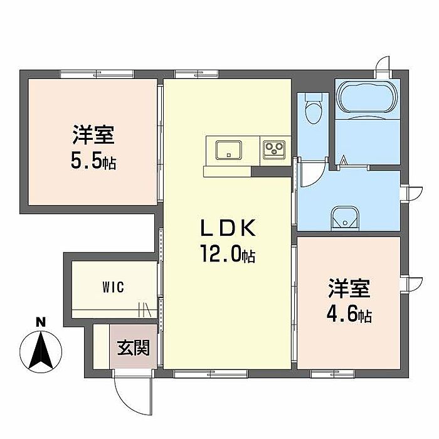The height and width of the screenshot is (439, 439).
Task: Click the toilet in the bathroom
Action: (x=312, y=111)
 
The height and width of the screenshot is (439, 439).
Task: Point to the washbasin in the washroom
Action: (x=344, y=217)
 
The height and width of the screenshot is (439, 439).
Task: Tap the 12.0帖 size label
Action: (x=227, y=255)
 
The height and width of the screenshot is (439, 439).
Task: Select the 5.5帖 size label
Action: (x=93, y=162)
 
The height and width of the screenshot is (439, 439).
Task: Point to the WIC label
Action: (x=114, y=287)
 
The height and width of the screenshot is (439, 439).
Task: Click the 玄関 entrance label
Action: (x=134, y=347)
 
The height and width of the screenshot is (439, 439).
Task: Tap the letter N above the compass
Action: (x=41, y=322)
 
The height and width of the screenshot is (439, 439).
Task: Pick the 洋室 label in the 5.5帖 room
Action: (x=92, y=135)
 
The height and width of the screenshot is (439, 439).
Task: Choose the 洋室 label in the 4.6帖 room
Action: (x=349, y=289)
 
